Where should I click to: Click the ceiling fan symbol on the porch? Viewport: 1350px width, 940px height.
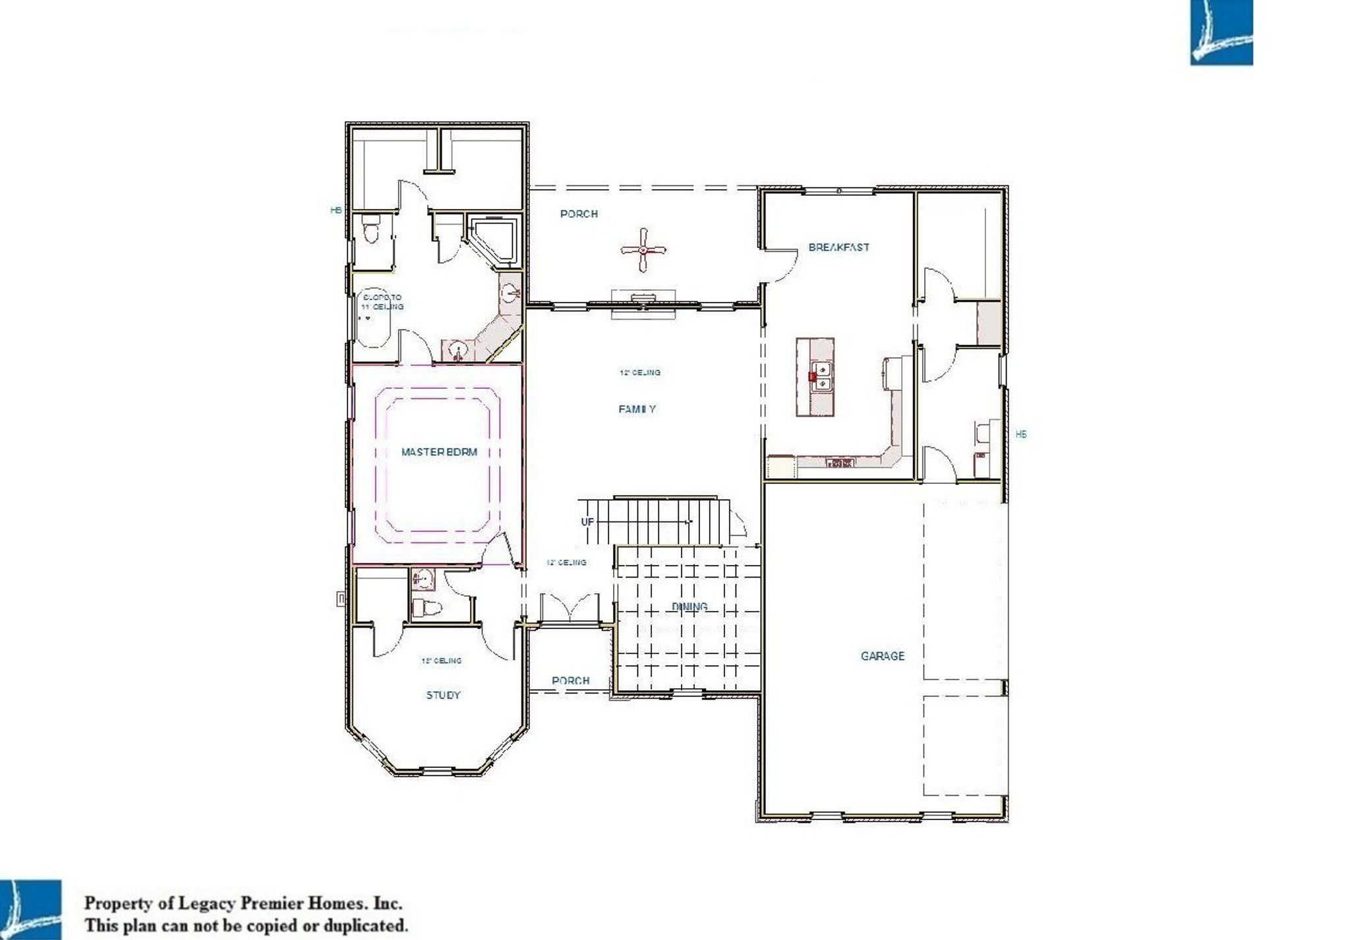click(643, 250)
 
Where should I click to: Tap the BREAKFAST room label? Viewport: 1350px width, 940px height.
click(838, 247)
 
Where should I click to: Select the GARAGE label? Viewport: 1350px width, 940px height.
click(882, 656)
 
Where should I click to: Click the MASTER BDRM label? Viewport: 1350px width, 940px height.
click(439, 452)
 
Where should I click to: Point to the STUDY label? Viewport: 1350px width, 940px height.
click(443, 695)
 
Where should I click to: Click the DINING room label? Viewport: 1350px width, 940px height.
click(690, 606)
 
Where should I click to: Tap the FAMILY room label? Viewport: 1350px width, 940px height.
click(637, 409)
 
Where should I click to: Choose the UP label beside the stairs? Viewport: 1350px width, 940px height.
click(587, 521)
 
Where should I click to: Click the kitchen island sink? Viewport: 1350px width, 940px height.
click(821, 376)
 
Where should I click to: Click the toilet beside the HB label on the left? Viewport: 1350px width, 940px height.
click(371, 229)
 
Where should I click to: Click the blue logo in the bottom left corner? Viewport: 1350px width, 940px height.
click(30, 910)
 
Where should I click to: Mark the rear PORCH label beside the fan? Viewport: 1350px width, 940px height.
click(579, 214)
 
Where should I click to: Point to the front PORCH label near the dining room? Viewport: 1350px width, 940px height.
click(570, 680)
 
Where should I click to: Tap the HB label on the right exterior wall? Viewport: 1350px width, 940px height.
click(1020, 434)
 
